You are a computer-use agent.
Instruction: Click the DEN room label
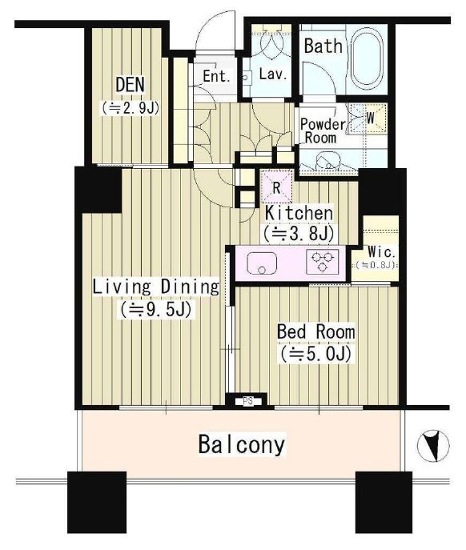pyautogui.click(x=130, y=85)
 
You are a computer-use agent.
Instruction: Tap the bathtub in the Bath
pyautogui.click(x=367, y=59)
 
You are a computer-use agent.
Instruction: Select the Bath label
pyautogui.click(x=323, y=46)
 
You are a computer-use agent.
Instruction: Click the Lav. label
pyautogui.click(x=273, y=74)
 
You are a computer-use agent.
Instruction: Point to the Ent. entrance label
pyautogui.click(x=217, y=76)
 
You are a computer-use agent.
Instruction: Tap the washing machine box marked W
pyautogui.click(x=368, y=118)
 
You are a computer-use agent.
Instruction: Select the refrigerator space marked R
pyautogui.click(x=277, y=187)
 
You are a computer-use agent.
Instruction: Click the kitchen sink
pyautogui.click(x=262, y=263)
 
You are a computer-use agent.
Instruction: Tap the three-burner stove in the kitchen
pyautogui.click(x=323, y=261)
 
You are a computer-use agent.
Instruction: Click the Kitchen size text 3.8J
pyautogui.click(x=299, y=233)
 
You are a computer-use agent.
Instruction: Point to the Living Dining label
pyautogui.click(x=156, y=287)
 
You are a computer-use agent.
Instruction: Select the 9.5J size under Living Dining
pyautogui.click(x=156, y=309)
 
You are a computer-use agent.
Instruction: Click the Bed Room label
pyautogui.click(x=315, y=331)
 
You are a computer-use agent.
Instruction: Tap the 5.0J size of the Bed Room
pyautogui.click(x=315, y=354)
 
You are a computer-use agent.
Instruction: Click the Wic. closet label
pyautogui.click(x=381, y=251)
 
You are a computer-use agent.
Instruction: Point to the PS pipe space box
pyautogui.click(x=248, y=401)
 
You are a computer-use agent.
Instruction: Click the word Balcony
pyautogui.click(x=242, y=444)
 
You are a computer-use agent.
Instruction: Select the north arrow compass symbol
pyautogui.click(x=433, y=446)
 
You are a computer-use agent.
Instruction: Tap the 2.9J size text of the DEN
pyautogui.click(x=131, y=108)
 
